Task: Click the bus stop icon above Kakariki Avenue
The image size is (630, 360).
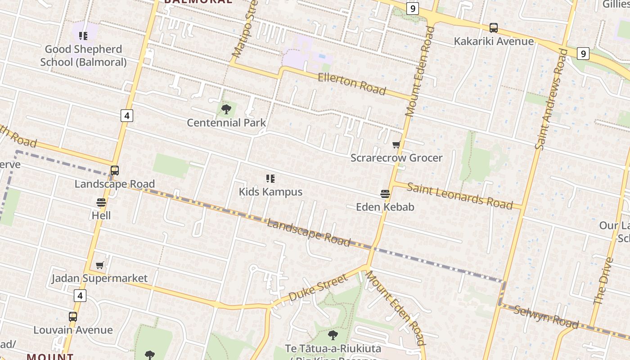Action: pos(494,28)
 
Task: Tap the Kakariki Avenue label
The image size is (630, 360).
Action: pos(494,41)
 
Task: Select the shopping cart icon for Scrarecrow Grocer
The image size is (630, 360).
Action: pos(396,144)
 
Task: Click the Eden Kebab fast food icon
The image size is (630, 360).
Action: pos(385,194)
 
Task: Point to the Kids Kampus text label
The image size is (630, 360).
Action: pos(270,192)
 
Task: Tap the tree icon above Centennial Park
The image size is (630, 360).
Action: pos(226,109)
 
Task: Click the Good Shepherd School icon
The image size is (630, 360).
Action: pos(83,36)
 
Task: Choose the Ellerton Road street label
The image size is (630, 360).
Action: pos(352,84)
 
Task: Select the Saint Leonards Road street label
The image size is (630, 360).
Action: pos(459,196)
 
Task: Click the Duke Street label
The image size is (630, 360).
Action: pos(318,288)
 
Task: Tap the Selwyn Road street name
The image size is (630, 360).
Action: pos(546,317)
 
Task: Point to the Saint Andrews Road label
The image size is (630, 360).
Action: pos(550,99)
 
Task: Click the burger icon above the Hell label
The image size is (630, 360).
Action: pos(101,202)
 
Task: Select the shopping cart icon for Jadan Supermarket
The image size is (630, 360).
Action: pos(100,265)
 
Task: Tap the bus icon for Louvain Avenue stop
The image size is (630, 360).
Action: pos(73,317)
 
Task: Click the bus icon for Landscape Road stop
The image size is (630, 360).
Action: pos(115,171)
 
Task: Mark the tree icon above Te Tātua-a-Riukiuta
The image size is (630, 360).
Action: pos(333,335)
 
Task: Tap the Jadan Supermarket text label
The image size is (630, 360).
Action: pos(99,278)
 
